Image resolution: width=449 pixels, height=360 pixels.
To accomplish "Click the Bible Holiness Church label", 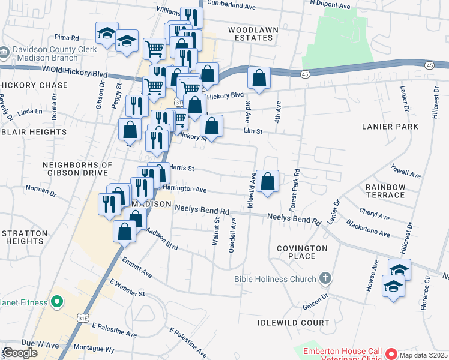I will pyautogui.click(x=275, y=279).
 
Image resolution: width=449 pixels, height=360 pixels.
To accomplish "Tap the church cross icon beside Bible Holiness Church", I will pyautogui.click(x=325, y=278).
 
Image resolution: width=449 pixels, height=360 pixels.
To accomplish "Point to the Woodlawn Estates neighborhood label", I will pyautogui.click(x=250, y=33).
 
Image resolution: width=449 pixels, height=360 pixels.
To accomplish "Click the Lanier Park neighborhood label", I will pyautogui.click(x=390, y=127).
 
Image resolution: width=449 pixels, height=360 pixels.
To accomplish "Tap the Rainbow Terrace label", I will pyautogui.click(x=385, y=191).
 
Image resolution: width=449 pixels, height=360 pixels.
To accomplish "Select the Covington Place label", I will pyautogui.click(x=302, y=252).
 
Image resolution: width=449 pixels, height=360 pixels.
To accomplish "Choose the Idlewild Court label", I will pyautogui.click(x=293, y=323).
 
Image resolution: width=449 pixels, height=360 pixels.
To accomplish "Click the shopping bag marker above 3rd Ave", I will pyautogui.click(x=259, y=78).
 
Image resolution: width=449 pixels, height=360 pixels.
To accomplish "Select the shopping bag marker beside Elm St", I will pyautogui.click(x=211, y=126).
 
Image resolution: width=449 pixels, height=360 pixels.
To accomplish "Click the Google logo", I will pyautogui.click(x=19, y=353).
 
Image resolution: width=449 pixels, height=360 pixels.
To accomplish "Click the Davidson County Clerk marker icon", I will pyautogui.click(x=4, y=52).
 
